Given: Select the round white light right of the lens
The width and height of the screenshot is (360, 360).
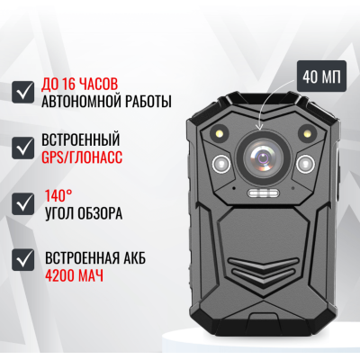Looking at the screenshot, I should (304, 165).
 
